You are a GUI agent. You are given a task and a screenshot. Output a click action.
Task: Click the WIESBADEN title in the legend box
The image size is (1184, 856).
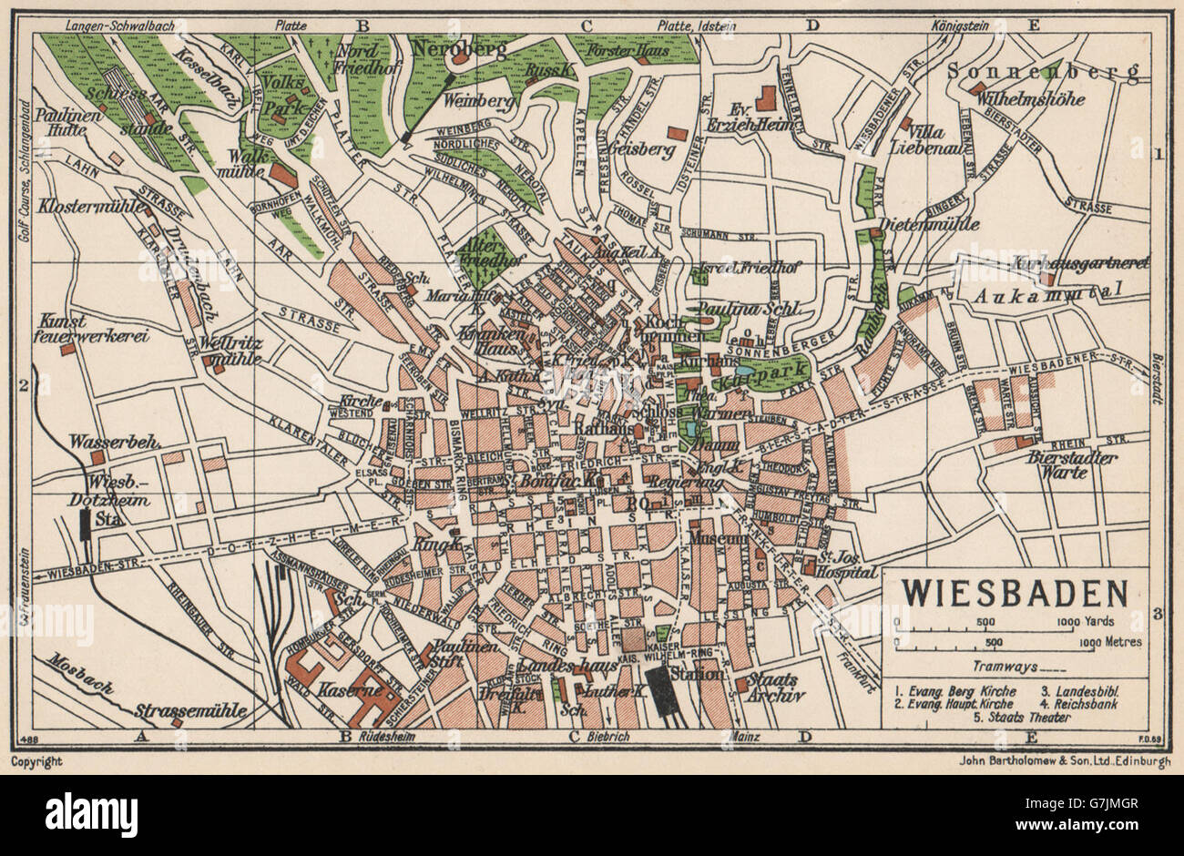point(1015,593)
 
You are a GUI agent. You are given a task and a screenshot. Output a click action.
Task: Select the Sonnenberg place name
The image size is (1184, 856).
point(1044,70)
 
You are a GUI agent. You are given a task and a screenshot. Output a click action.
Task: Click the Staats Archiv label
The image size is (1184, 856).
point(773,688)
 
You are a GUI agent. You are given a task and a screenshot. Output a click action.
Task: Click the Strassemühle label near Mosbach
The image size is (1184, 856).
point(175,709)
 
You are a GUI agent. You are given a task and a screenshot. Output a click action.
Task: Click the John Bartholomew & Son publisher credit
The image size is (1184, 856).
point(1058,763)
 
